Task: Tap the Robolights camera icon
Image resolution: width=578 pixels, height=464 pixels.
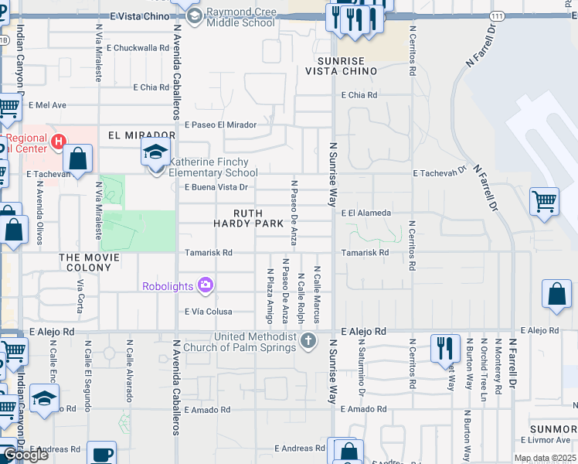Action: pos(205,285)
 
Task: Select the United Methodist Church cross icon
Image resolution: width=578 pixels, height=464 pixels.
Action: pos(308,340)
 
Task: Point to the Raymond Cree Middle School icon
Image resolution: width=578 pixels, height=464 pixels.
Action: pos(195,17)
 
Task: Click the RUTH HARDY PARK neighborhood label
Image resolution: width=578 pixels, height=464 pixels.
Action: pos(239,218)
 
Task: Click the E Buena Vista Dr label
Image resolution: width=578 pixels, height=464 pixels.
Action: pos(216,187)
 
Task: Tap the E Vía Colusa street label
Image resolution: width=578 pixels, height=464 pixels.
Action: pos(208,312)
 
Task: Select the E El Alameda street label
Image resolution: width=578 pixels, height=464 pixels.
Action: pos(367,213)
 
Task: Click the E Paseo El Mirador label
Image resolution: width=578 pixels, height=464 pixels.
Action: pos(220,124)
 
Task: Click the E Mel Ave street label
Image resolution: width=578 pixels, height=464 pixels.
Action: pos(48,105)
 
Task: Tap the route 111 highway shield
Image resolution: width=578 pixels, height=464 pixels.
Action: pos(498,15)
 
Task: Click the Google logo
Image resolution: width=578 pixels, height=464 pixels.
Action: pos(25,455)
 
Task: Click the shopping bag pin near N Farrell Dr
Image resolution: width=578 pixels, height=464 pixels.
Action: pos(557,295)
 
